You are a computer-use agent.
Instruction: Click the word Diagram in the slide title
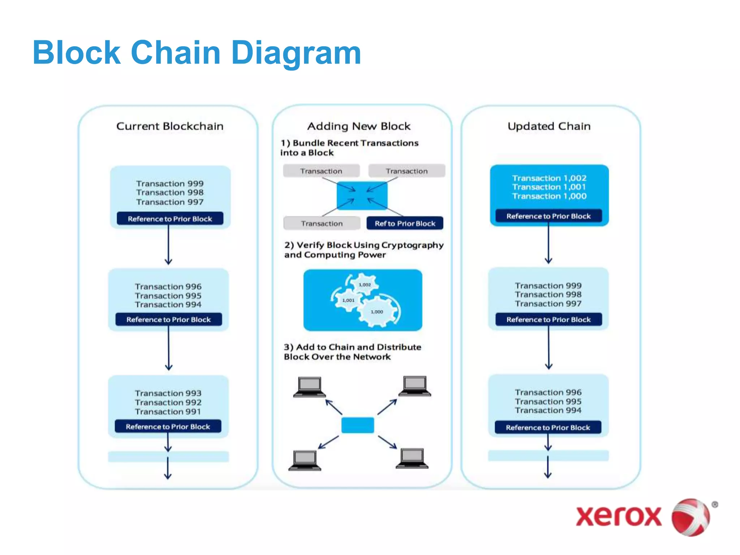point(296,53)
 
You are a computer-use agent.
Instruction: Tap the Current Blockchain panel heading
point(169,126)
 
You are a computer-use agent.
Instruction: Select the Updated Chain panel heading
point(548,126)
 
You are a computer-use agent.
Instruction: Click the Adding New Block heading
point(358,126)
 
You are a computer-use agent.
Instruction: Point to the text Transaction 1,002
point(548,178)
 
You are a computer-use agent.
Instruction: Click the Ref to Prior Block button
point(404,223)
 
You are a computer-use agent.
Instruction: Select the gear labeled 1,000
point(377,311)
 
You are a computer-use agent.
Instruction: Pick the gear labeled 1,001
point(348,300)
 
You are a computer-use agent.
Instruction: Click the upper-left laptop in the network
point(309,387)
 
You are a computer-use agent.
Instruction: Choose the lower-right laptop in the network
point(412,458)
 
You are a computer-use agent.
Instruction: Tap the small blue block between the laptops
point(357,425)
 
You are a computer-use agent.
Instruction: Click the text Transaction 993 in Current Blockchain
point(168,393)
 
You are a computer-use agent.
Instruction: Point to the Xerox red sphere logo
point(690,517)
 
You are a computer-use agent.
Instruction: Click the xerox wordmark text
point(618,516)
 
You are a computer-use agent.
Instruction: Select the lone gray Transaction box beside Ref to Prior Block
point(322,223)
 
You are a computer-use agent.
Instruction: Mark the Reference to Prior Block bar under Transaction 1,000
point(548,216)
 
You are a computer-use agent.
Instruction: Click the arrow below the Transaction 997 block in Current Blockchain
point(168,246)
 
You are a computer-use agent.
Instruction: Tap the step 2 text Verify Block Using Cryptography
point(363,245)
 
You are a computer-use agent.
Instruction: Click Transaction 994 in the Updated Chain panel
point(548,410)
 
